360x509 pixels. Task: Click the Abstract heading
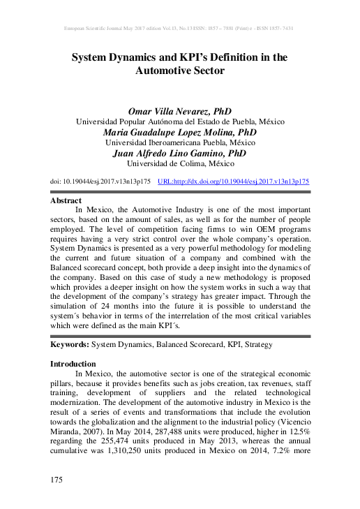point(68,200)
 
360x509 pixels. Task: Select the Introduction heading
point(73,364)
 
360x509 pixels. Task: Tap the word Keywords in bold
point(70,345)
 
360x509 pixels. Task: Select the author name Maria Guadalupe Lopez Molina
point(180,132)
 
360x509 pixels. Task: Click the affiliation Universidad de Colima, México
point(180,164)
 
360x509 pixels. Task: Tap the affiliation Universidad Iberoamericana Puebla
point(180,142)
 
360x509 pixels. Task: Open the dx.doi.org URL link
point(234,181)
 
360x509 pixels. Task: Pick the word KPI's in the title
point(183,57)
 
